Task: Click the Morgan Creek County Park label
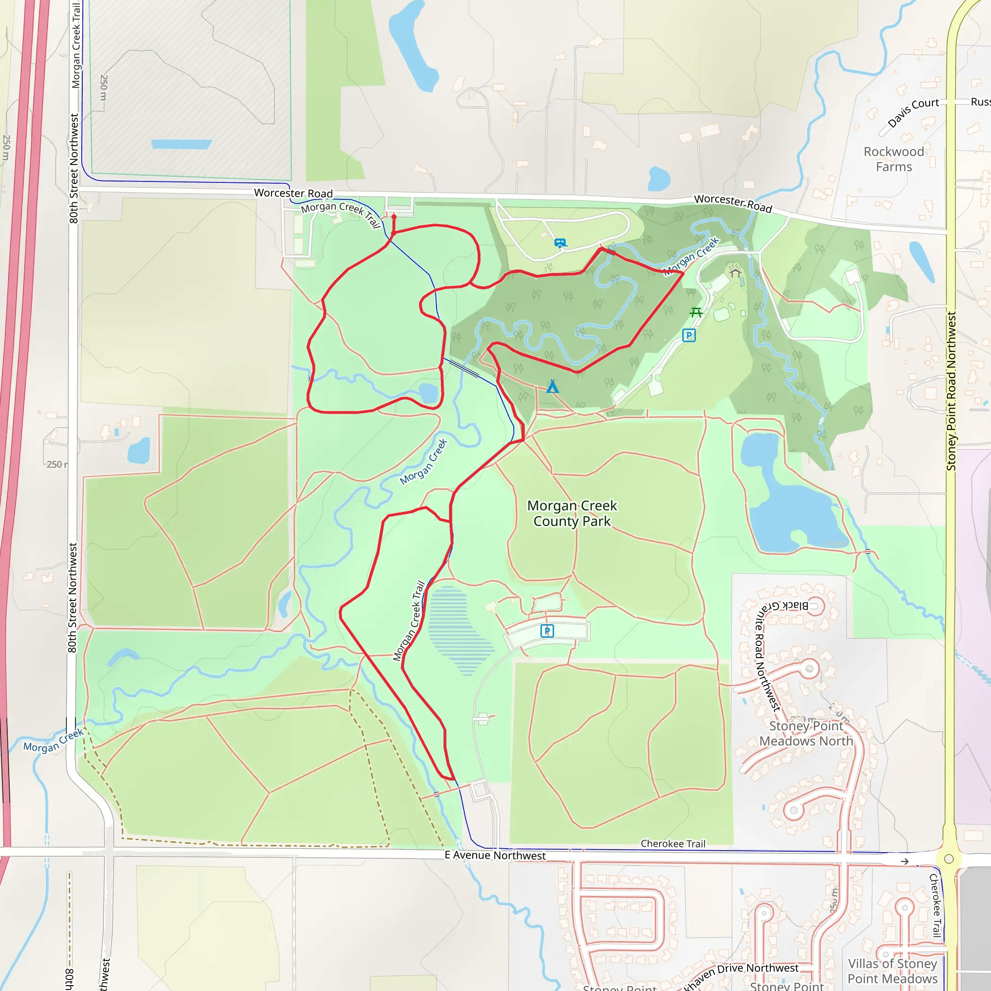(x=572, y=513)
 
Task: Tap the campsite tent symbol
(x=553, y=387)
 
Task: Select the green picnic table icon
(x=696, y=312)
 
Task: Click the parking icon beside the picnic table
(x=689, y=335)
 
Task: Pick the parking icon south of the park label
(x=547, y=631)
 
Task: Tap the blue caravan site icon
(x=560, y=242)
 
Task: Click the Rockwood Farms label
(x=894, y=159)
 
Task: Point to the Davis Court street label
(x=913, y=112)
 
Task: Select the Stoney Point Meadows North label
(x=806, y=734)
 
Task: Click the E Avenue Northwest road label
(x=495, y=855)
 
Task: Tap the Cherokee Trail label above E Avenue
(x=673, y=844)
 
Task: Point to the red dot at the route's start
(x=394, y=217)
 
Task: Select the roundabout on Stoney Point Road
(x=949, y=859)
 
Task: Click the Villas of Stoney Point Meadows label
(x=892, y=971)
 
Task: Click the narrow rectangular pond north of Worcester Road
(x=181, y=144)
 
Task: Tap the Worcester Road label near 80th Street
(x=293, y=193)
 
